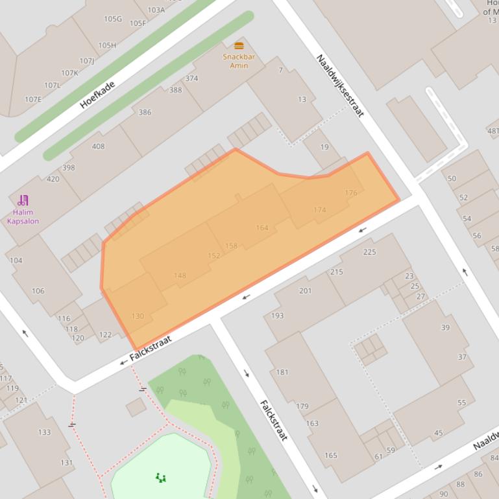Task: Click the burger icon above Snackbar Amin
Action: tap(239, 46)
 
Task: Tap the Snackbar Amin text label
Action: tap(239, 61)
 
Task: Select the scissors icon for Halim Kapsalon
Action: tap(23, 200)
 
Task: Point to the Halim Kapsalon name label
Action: tap(23, 216)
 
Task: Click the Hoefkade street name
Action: tap(97, 95)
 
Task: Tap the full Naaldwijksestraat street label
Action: tap(339, 86)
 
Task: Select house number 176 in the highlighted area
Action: tap(351, 192)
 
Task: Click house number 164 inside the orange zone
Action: tap(262, 227)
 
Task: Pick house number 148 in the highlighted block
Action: tap(180, 275)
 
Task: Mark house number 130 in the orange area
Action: tap(138, 316)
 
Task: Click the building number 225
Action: tap(369, 252)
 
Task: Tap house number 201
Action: tap(305, 291)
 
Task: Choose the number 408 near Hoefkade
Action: tap(98, 146)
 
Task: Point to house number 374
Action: tap(191, 78)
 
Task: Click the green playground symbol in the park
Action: tap(161, 478)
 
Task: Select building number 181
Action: tap(282, 372)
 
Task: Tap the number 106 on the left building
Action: tap(38, 291)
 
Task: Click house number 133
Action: tap(44, 432)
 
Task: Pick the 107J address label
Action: tap(86, 61)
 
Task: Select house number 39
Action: tap(445, 327)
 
